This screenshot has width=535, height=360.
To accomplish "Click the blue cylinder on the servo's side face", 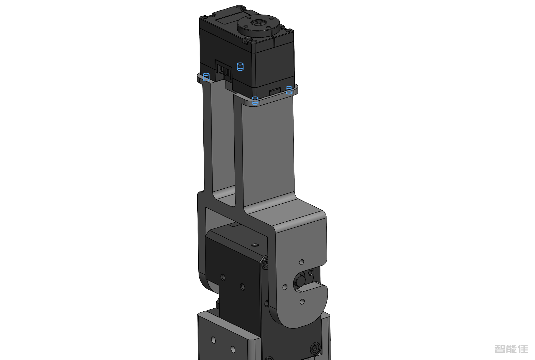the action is coord(240,67).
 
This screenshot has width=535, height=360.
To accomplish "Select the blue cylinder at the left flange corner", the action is coord(206,77).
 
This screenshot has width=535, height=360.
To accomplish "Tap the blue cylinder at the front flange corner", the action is coord(255,101).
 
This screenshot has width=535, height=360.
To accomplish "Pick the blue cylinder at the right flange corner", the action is coord(289,90).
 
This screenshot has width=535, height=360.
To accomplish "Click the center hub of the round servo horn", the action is coord(258,23).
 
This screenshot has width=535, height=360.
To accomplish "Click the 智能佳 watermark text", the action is coord(511,349).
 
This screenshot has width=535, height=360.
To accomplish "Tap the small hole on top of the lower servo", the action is coord(255,245).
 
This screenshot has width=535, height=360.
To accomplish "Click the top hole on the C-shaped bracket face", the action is coord(302,262).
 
